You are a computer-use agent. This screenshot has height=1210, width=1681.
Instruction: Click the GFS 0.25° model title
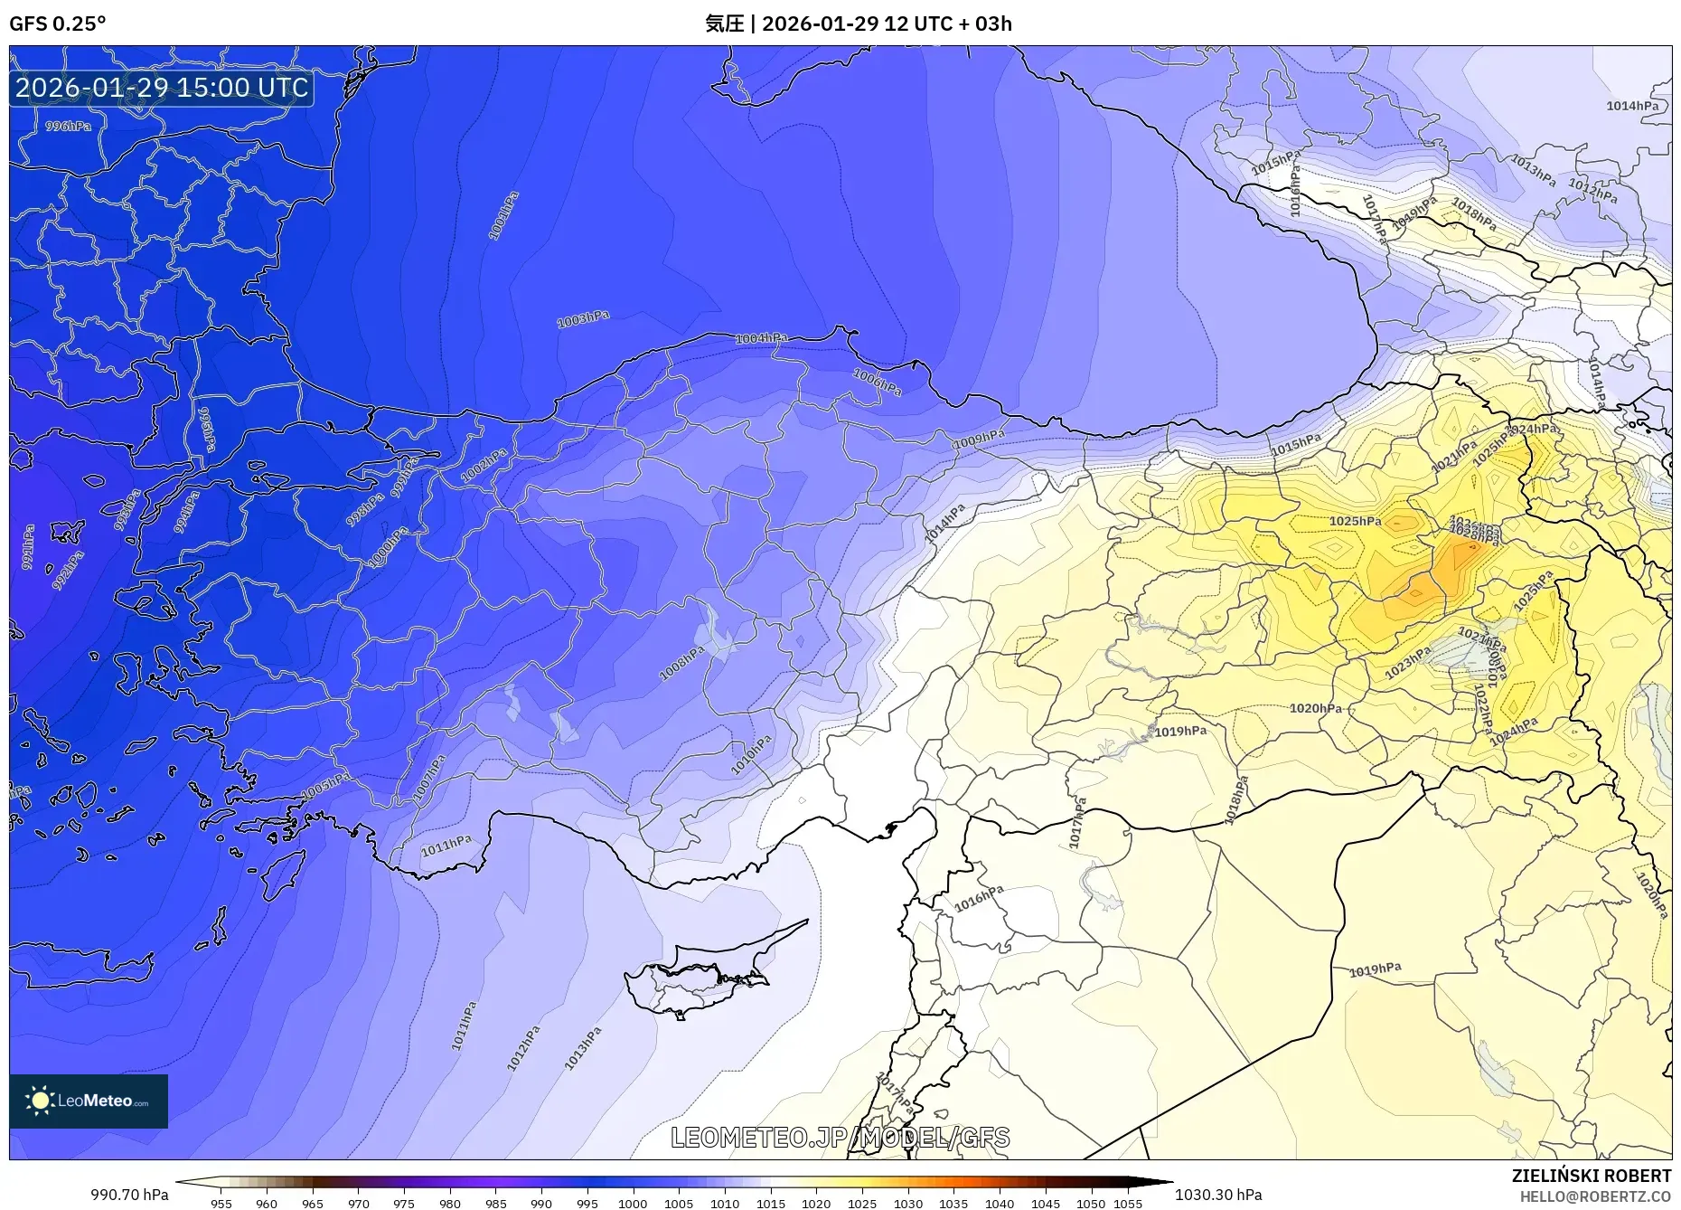[57, 24]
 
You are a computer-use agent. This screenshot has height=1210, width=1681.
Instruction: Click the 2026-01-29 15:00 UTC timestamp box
[162, 88]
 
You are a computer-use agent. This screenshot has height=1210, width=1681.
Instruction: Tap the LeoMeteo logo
[89, 1101]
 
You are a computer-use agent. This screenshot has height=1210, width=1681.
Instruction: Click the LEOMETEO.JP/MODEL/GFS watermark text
[840, 1137]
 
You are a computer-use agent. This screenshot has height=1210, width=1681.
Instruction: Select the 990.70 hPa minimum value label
[129, 1194]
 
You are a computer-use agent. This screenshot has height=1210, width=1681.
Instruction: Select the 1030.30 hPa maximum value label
[1218, 1194]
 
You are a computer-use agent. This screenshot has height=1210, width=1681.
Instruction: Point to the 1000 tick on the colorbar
[633, 1203]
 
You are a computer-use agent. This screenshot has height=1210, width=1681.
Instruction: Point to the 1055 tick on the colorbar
[1129, 1203]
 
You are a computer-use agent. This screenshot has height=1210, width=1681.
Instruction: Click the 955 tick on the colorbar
[221, 1203]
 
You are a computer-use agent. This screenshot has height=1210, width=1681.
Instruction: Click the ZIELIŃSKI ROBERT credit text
[1591, 1176]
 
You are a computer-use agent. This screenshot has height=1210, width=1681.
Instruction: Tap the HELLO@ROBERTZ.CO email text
[1594, 1196]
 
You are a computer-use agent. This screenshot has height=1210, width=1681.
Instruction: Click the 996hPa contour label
[68, 126]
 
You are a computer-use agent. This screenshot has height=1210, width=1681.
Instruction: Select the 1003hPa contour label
[583, 318]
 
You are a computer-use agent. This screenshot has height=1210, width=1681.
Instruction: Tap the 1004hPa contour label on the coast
[761, 338]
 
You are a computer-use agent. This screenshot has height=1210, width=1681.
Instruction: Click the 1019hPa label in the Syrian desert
[1376, 969]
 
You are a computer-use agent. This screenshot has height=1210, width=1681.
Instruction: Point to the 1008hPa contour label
[682, 663]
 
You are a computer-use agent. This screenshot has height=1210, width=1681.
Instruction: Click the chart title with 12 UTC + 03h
[858, 24]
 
